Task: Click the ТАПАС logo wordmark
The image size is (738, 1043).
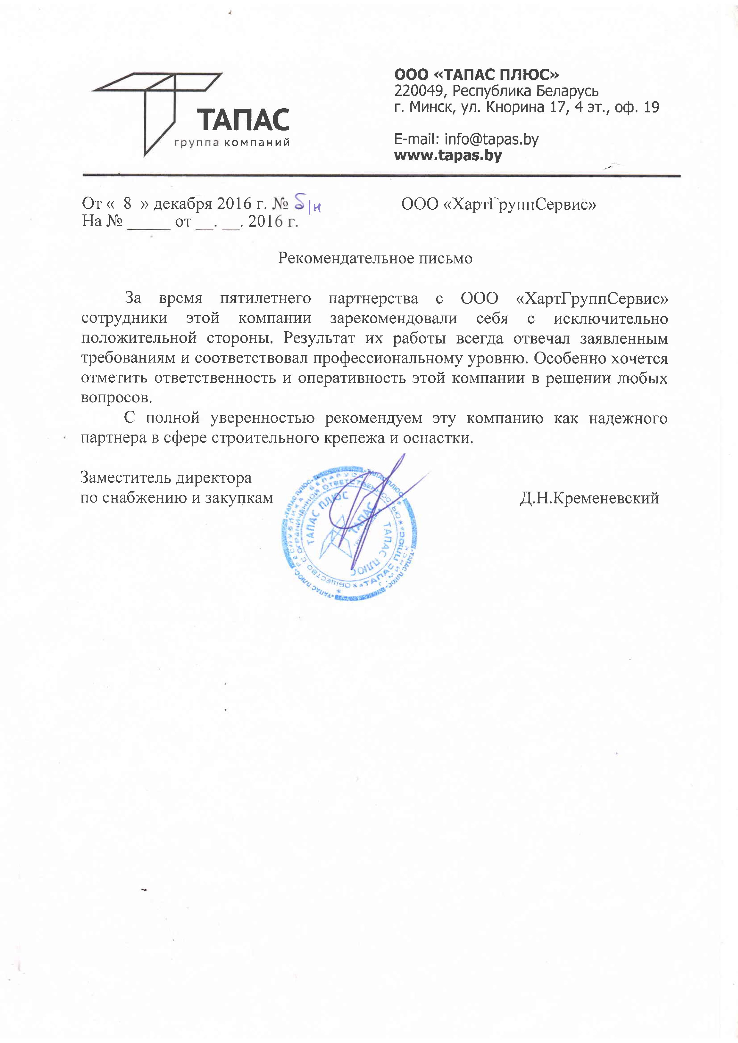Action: pyautogui.click(x=243, y=120)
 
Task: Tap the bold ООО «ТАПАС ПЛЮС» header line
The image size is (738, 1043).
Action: pyautogui.click(x=476, y=74)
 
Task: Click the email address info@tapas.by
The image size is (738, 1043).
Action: pyautogui.click(x=491, y=139)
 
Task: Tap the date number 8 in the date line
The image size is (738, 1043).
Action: pyautogui.click(x=127, y=203)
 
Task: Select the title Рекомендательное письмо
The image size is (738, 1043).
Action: pyautogui.click(x=375, y=258)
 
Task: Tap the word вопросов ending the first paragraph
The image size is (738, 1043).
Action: pyautogui.click(x=116, y=398)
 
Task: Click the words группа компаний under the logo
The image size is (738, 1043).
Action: pyautogui.click(x=232, y=143)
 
